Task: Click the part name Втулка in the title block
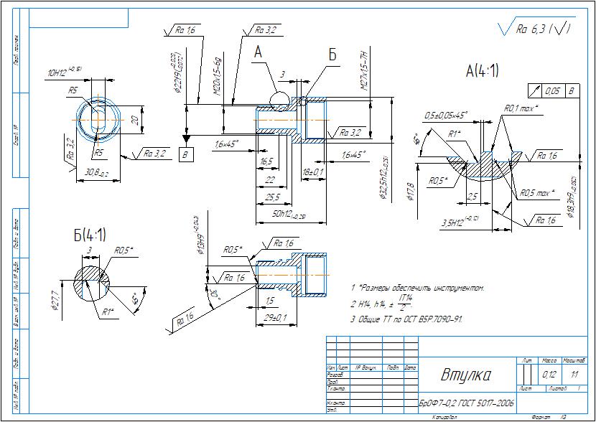465,375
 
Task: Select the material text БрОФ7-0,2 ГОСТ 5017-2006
466,405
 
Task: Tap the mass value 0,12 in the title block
549,375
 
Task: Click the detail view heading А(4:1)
482,71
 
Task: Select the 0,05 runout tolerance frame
552,91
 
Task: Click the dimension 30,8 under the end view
97,172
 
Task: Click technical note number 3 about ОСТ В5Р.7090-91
406,319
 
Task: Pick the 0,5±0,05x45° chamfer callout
445,115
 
